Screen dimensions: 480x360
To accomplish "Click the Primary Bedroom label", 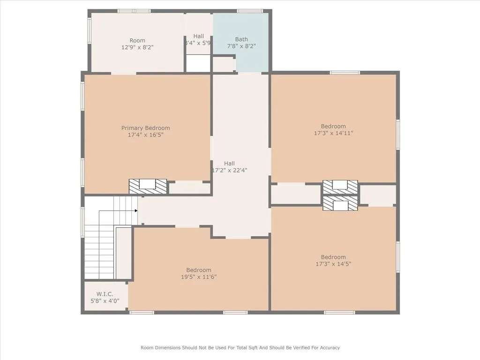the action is (145, 128).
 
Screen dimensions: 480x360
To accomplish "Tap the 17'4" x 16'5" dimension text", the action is (145, 135).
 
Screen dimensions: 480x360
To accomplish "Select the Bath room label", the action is (241, 39).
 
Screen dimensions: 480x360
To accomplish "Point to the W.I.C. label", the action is (105, 294).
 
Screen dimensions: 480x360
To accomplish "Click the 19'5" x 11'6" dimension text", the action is (199, 277).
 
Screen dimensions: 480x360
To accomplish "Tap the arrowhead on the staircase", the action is (136, 210).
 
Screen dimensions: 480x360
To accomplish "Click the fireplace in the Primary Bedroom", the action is (148, 187).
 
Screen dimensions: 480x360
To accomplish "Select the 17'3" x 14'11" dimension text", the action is (333, 133).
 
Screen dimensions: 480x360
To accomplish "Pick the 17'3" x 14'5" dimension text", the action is (333, 264).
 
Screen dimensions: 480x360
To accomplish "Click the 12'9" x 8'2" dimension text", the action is (137, 47).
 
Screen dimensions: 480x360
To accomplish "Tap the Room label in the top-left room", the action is (137, 40).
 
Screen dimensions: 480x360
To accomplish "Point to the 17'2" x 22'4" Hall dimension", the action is (230, 170).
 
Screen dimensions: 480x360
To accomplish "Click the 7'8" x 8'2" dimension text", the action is (241, 46).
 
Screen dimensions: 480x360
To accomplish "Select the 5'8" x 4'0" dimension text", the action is (105, 301).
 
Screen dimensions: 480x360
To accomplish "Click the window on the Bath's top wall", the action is (250, 11).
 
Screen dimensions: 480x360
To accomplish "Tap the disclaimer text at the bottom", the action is (240, 347).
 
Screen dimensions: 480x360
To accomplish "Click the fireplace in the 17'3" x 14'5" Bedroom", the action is (340, 203).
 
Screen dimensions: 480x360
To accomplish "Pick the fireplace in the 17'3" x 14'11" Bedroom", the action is (340, 187).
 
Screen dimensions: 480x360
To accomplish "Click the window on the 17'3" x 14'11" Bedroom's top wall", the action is (345, 73).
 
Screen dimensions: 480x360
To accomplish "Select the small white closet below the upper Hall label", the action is (198, 64).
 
